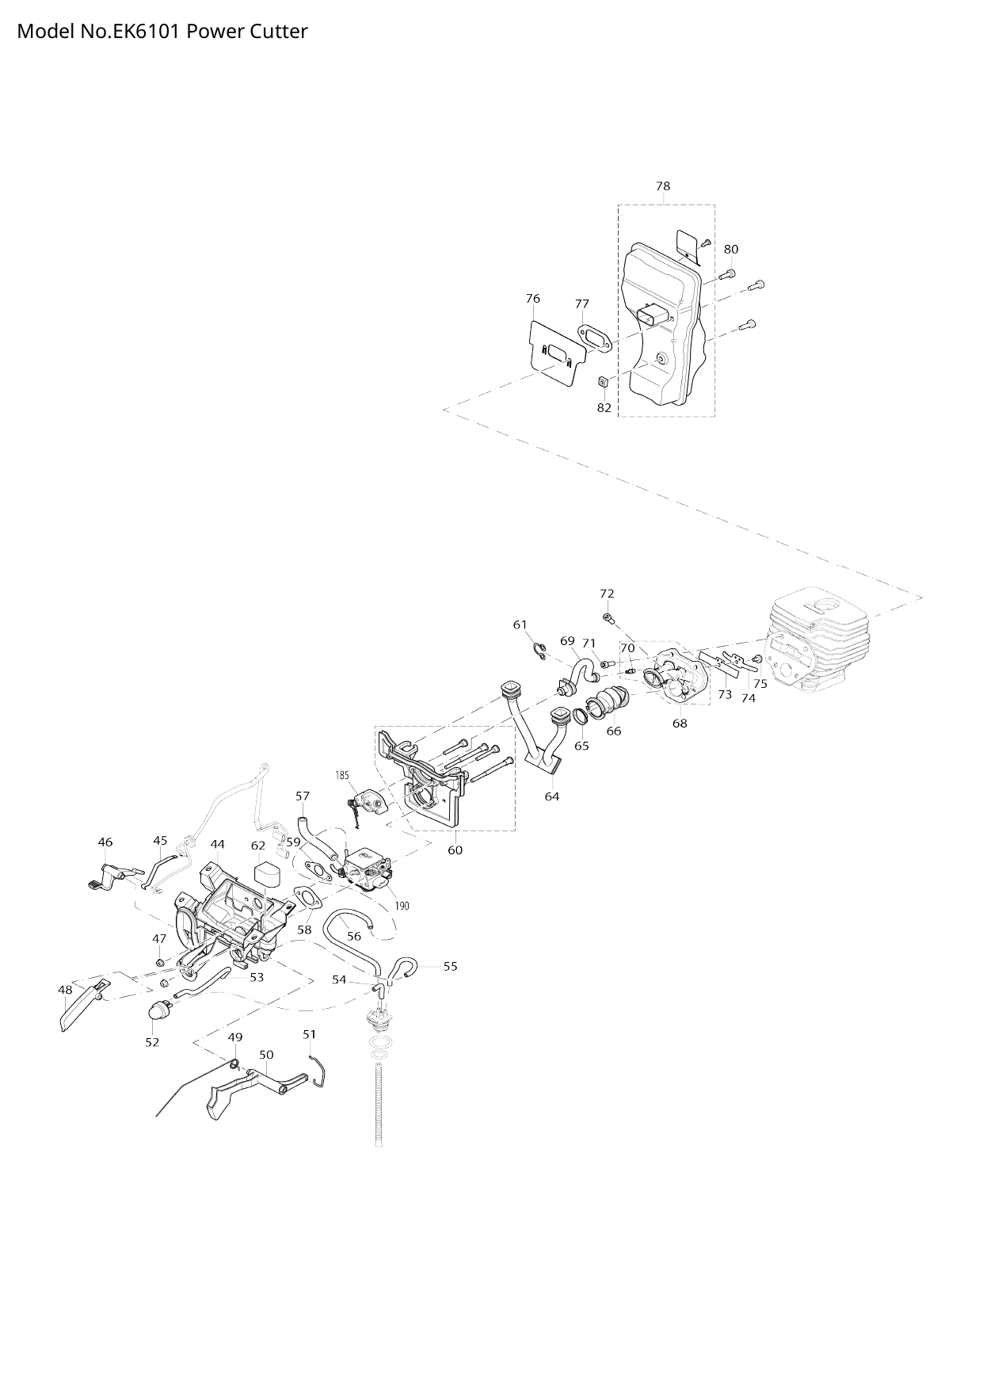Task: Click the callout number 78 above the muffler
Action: [x=663, y=186]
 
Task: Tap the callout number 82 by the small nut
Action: [x=604, y=407]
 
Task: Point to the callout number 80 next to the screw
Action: [x=731, y=249]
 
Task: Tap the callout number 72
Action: [x=607, y=594]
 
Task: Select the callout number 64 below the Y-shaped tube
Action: [x=552, y=796]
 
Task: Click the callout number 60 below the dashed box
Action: [x=455, y=850]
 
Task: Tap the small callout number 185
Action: [x=342, y=775]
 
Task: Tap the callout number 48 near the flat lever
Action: [x=65, y=990]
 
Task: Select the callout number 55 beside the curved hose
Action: [x=450, y=966]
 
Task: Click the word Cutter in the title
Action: [x=277, y=32]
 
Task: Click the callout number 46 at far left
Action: [x=105, y=842]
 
